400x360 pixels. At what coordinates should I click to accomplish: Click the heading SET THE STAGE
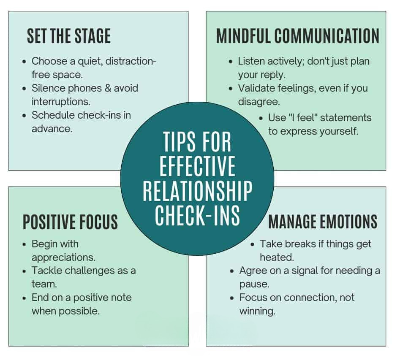pos(68,36)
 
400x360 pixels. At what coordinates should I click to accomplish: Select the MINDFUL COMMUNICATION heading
pos(297,36)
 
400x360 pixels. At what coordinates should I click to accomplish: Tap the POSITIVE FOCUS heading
pos(70,222)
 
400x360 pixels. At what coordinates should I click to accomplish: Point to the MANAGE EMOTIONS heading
pos(323,221)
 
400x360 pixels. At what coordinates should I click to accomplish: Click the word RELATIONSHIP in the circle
pos(197,191)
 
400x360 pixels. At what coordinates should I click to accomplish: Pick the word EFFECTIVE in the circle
pos(197,167)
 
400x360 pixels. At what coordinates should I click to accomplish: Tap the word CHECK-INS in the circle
pos(197,214)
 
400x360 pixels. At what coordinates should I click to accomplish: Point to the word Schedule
pos(51,115)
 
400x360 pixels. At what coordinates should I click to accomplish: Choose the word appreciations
pos(63,257)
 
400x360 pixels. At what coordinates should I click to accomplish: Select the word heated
pos(277,257)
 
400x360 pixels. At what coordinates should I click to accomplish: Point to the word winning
pos(257,311)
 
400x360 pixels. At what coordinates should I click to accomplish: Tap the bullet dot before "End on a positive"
pos(24,298)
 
